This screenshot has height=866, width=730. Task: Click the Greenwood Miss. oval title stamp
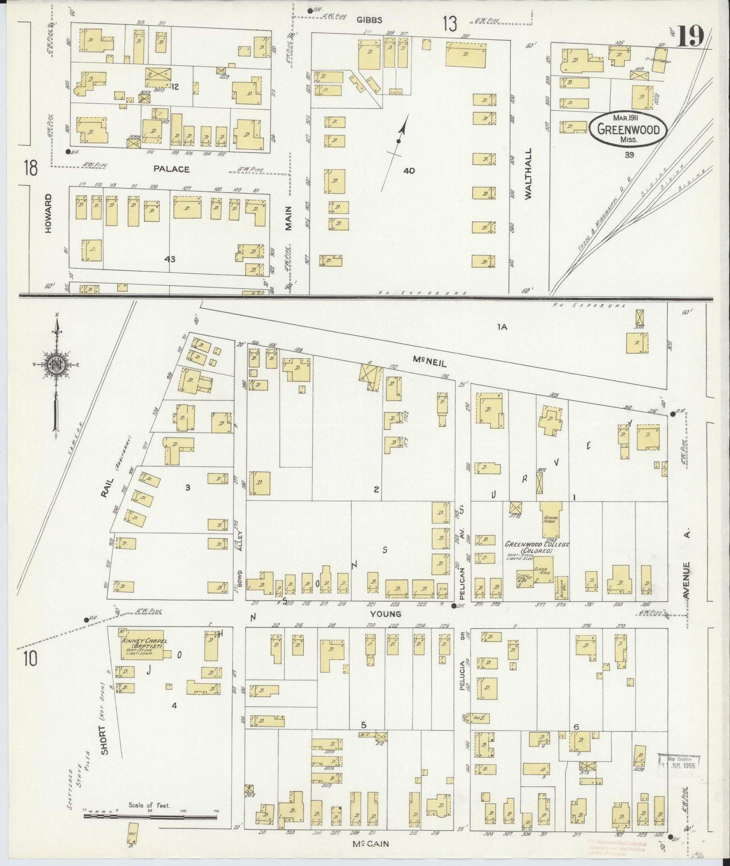pos(628,129)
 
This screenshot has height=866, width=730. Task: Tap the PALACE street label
pos(172,169)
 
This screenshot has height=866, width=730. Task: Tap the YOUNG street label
pos(385,614)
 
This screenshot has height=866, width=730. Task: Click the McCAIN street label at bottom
pos(371,843)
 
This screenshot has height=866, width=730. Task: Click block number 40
pos(409,171)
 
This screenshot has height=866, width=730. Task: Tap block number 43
pos(170,259)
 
